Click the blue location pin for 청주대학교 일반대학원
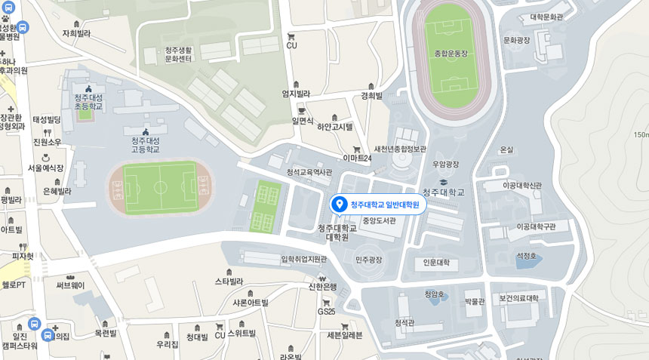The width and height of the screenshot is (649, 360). (x=339, y=204)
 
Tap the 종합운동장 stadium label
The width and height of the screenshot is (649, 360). (x=451, y=54)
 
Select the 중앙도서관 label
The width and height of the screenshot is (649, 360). (x=379, y=221)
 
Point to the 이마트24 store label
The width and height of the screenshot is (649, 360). (x=357, y=158)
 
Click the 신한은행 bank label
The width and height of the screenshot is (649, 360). (x=323, y=286)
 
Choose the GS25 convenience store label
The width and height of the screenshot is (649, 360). (x=326, y=311)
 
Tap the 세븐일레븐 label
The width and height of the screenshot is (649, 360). (x=345, y=335)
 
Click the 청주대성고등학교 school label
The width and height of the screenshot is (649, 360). (x=146, y=145)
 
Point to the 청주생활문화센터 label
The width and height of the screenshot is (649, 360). (x=178, y=54)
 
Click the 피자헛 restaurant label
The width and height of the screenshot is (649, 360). (x=23, y=256)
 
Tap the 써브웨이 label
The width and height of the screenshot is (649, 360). (x=70, y=285)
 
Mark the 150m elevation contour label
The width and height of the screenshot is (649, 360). (x=641, y=135)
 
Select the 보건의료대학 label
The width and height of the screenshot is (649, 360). (x=518, y=298)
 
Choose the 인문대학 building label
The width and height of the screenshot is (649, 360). (x=436, y=263)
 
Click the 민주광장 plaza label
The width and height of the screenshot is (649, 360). (x=369, y=260)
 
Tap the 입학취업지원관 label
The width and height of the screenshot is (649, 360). (x=304, y=259)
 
